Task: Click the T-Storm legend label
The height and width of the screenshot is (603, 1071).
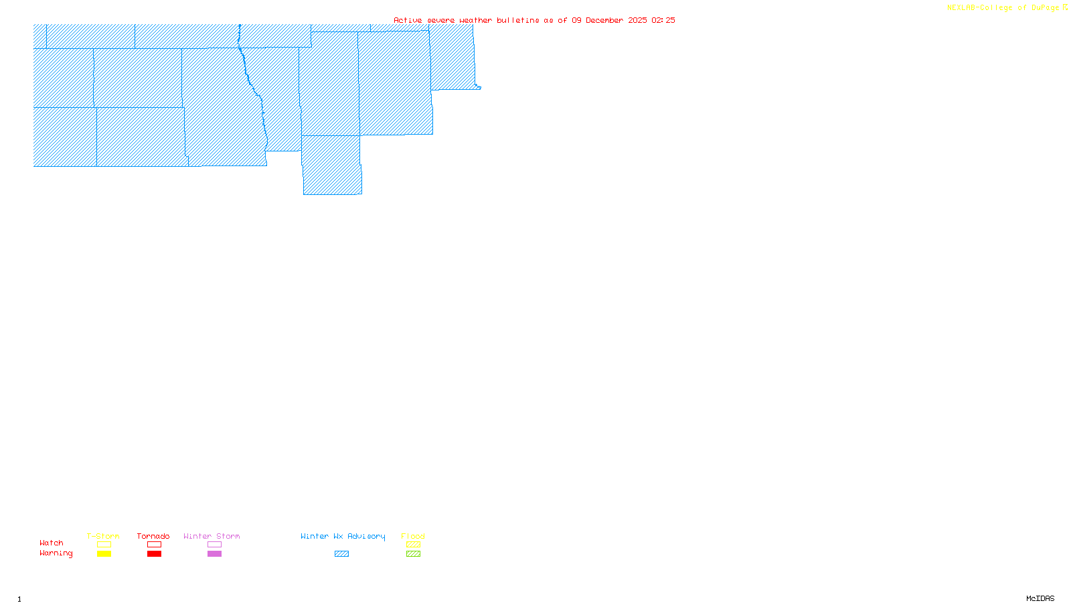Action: tap(103, 536)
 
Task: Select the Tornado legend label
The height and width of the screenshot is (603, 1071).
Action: tap(153, 536)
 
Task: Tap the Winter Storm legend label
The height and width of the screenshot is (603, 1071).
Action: tap(212, 536)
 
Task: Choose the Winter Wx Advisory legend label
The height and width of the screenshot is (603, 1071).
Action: tap(343, 536)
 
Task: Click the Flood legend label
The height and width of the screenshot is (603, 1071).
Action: tap(413, 536)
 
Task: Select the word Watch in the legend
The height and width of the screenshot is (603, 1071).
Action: tap(52, 543)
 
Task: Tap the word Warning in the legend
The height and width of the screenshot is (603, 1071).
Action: tap(56, 553)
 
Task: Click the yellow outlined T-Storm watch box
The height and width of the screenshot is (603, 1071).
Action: tap(104, 545)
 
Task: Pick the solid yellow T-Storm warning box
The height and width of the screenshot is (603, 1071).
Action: tap(104, 554)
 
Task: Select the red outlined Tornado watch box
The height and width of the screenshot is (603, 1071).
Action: tap(154, 545)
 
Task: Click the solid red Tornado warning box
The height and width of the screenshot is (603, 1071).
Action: tap(154, 554)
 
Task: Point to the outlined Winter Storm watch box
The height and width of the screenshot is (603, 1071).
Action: tap(214, 545)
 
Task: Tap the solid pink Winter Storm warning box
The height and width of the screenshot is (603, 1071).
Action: tap(214, 554)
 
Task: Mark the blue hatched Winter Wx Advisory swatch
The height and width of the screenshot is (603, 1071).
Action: tap(341, 554)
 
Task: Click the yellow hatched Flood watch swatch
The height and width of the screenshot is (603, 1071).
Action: tap(413, 545)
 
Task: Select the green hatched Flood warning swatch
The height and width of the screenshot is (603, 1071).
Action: tap(413, 554)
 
